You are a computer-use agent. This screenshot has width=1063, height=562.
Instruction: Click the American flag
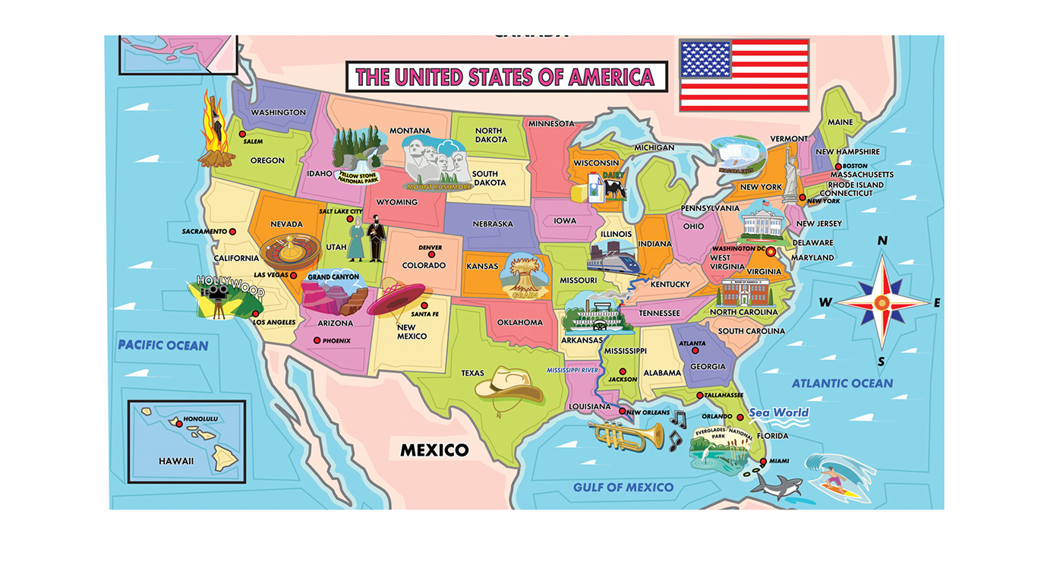coord(744,74)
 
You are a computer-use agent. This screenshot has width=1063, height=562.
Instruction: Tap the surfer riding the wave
coord(834,475)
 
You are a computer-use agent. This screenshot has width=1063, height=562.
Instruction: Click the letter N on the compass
coord(882,241)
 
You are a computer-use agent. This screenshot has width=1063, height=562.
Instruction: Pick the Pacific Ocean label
coord(162,346)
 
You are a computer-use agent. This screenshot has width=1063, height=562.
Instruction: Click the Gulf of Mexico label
coord(623,487)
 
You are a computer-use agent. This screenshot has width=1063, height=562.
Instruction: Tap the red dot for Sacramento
coord(232,232)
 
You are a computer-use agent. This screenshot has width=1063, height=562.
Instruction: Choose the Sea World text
coord(778,413)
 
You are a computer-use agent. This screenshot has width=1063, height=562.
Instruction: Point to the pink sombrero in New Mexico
coord(399,298)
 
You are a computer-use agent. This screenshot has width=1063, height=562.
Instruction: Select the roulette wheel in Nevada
coord(289,252)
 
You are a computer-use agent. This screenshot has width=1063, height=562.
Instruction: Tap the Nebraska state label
coord(492,224)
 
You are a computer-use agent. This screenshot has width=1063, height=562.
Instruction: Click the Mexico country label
coord(434,450)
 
